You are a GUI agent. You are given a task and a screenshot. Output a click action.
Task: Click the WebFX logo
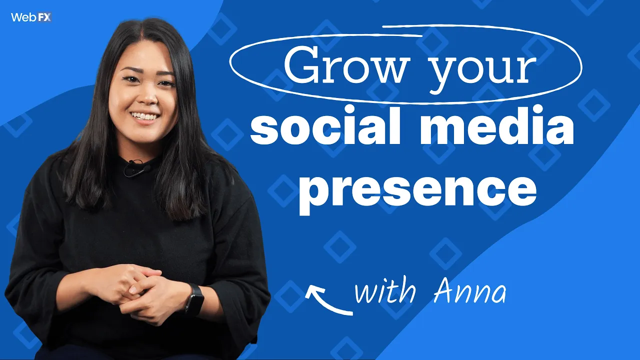[31, 17]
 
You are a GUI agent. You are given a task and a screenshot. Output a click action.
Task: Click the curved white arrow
[327, 300]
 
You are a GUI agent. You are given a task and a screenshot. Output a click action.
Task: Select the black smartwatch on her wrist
[194, 298]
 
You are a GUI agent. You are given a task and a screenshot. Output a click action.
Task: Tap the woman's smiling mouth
[145, 116]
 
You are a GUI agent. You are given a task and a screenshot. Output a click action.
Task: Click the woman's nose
[145, 97]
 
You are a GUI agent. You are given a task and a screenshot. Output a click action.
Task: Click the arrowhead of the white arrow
[312, 290]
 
